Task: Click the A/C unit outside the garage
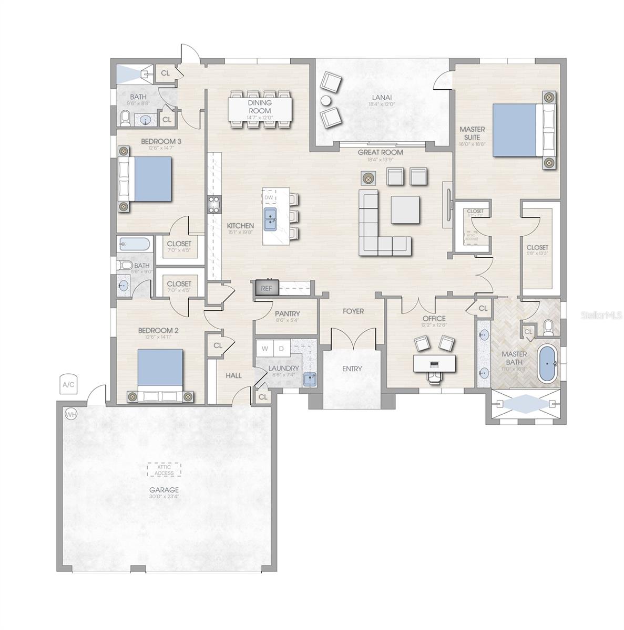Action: [x=69, y=384]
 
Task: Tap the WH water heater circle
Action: [x=70, y=414]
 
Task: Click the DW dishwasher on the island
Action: [x=269, y=197]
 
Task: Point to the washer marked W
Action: [x=264, y=348]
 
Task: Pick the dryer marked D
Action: [x=281, y=348]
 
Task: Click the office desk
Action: [x=434, y=363]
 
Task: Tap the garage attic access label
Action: [x=164, y=470]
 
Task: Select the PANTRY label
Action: [x=287, y=314]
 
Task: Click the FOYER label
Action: [x=353, y=311]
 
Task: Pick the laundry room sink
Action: [x=310, y=379]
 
